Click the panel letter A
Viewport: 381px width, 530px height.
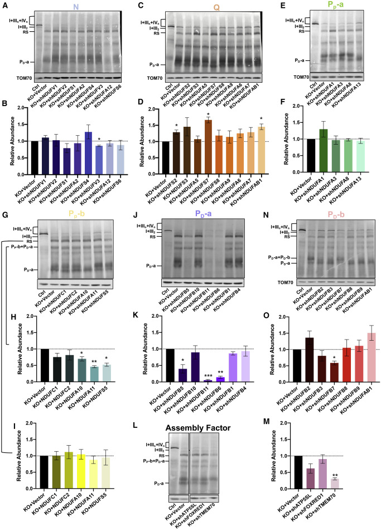pos(4,5)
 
